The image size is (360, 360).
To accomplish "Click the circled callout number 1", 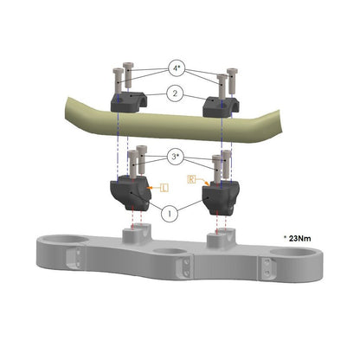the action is click(170, 214).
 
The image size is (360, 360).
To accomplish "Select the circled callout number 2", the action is click(175, 93).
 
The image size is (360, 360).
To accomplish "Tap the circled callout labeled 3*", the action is click(176, 157).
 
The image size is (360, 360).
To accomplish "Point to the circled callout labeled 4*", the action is click(177, 68).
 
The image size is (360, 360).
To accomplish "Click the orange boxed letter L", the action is click(164, 188).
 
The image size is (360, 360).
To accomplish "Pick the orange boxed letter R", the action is click(191, 179).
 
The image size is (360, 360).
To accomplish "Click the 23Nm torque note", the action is click(298, 238).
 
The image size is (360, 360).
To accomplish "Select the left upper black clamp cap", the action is click(129, 102).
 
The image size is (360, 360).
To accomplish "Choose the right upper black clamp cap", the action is click(221, 107).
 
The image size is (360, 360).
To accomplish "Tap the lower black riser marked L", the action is click(131, 192).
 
